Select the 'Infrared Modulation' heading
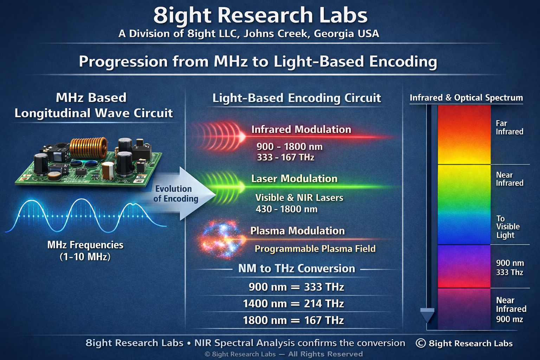(301, 129)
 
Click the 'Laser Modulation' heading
(294, 179)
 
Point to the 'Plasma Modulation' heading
(297, 231)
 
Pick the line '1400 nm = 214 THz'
(293, 304)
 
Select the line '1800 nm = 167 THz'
(293, 320)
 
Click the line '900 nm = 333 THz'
(296, 287)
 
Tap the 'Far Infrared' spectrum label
(509, 128)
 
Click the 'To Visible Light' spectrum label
(508, 227)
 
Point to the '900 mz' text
(509, 319)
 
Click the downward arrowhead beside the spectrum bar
(427, 315)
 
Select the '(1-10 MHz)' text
(85, 257)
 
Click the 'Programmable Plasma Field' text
(315, 249)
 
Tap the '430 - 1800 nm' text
(287, 209)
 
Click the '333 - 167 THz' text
(286, 157)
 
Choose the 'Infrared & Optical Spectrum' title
(466, 98)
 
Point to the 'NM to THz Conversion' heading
(296, 268)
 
